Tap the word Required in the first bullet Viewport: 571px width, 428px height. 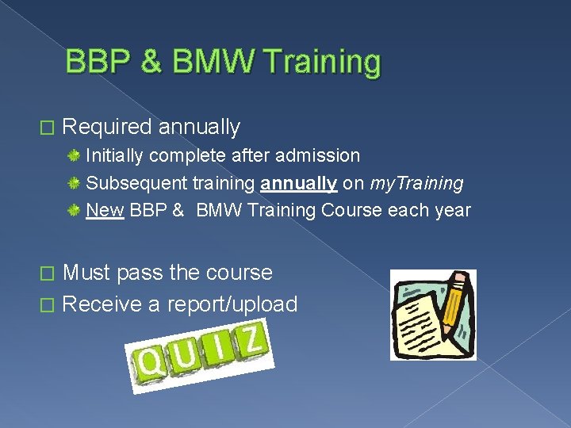pyautogui.click(x=106, y=127)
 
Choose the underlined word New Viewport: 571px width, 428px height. pyautogui.click(x=105, y=211)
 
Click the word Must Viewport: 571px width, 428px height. pyautogui.click(x=86, y=273)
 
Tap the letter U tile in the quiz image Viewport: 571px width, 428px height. pyautogui.click(x=186, y=355)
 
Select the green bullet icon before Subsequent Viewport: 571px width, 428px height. pyautogui.click(x=74, y=183)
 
